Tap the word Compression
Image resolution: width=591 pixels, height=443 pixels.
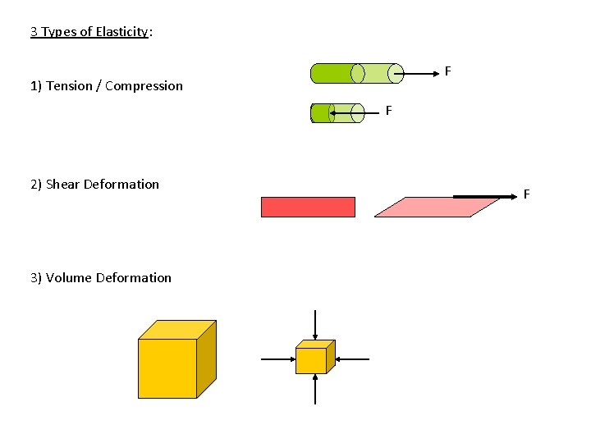pos(144,86)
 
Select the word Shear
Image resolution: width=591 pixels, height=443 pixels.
pos(63,185)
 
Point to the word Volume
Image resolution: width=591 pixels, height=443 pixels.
pos(69,278)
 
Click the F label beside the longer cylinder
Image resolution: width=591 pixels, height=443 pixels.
pos(447,72)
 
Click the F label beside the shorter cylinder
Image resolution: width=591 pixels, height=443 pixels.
pos(388,110)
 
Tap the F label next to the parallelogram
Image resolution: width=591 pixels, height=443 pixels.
pos(526,194)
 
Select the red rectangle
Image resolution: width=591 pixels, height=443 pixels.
pos(308,207)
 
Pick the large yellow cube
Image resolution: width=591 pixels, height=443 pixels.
pos(167,368)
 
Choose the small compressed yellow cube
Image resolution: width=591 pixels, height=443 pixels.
pos(311,360)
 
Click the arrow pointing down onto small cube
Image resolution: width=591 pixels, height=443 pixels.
pos(316,325)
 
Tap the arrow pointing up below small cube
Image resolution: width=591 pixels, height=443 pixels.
pos(316,389)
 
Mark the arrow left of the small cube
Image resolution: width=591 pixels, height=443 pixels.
pos(277,359)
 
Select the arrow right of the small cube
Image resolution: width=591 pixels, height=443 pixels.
pos(353,359)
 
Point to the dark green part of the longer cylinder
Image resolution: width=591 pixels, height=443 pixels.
pos(332,74)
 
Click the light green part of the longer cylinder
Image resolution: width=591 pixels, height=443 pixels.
pos(377,74)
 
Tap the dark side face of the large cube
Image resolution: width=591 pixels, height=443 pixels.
pos(206,359)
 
